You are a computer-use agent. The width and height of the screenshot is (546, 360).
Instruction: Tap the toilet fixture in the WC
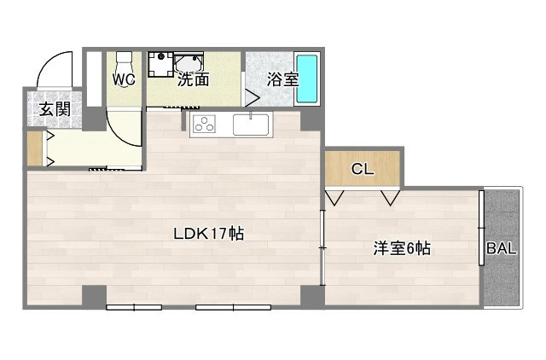pos(125,62)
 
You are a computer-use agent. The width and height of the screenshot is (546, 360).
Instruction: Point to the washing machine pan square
pos(160,65)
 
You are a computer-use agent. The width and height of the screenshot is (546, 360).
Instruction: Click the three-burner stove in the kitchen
pos(205,125)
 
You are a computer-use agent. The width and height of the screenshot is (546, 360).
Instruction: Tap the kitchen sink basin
pos(252,125)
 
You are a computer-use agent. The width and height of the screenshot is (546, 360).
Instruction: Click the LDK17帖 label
pos(209,233)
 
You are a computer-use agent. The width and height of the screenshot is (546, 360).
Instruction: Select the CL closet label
pos(363,169)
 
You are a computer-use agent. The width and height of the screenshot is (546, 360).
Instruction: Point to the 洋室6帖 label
pos(401,249)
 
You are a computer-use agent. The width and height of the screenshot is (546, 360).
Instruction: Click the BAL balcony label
pos(501,249)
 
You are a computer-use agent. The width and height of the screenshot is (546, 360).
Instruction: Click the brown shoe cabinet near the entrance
pos(34,148)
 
